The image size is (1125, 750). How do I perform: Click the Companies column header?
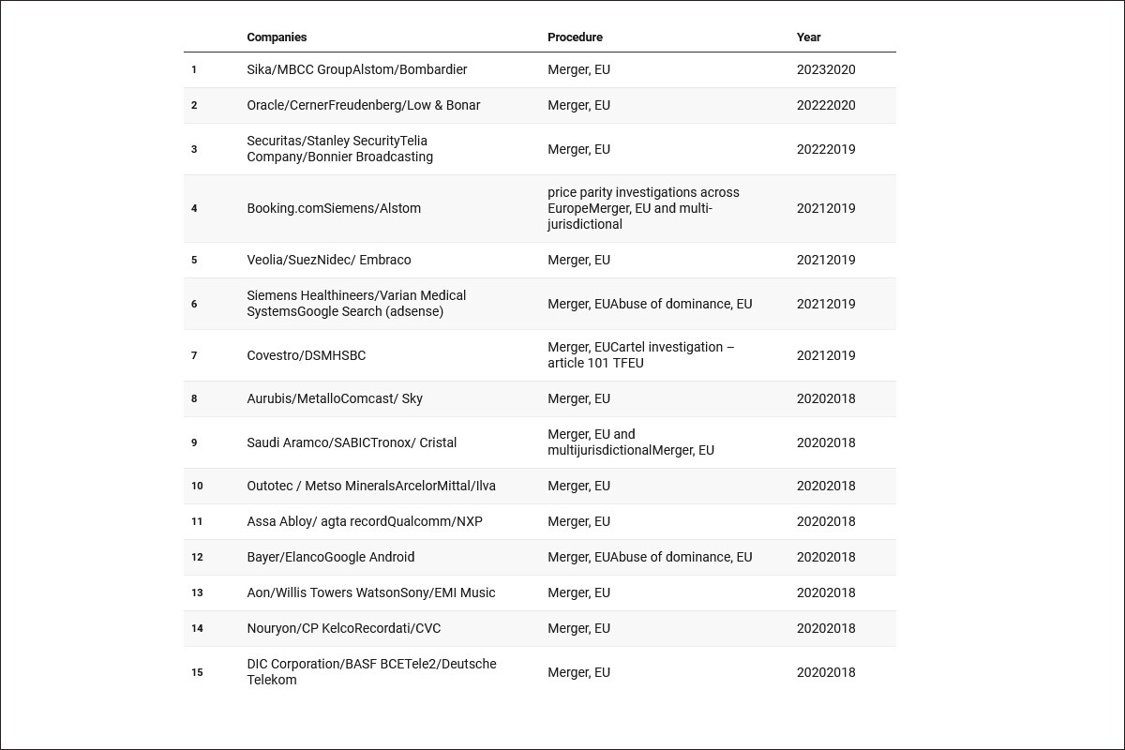277,37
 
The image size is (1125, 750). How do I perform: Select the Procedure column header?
575,37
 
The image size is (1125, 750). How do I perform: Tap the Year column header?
808,37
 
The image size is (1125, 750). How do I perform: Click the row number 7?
194,355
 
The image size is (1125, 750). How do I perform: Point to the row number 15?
197,672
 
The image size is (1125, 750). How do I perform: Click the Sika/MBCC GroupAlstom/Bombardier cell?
356,69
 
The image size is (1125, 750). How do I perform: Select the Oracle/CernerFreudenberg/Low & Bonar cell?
363,105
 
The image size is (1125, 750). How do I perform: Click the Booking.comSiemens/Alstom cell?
334,208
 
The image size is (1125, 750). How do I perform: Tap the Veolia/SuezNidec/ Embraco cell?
328,260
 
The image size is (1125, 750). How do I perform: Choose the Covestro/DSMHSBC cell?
306,355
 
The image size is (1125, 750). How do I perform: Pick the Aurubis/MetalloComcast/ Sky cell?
335,398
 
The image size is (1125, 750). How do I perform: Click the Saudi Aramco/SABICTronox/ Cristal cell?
352,442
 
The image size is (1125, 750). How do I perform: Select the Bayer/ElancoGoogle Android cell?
330,557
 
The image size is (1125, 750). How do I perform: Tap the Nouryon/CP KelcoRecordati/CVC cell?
343,628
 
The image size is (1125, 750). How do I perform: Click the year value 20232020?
826,69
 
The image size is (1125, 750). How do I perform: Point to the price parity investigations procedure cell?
643,208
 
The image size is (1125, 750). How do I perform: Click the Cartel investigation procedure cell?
640,355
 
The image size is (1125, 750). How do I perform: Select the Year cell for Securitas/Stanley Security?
826,149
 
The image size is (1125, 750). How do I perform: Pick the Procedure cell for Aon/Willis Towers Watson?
578,592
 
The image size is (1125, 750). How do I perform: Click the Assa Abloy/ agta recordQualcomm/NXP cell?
364,521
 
